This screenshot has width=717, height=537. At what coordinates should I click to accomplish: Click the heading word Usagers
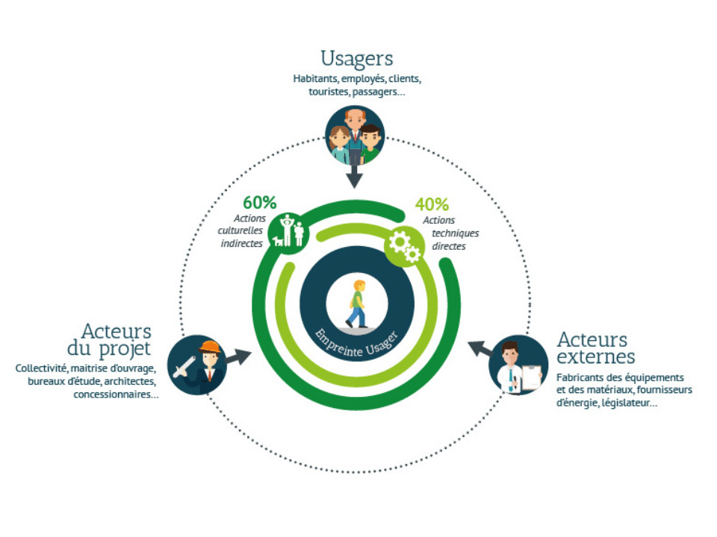[357, 58]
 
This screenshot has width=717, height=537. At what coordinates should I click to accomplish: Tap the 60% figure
[260, 202]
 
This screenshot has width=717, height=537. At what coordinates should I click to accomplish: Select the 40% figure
[432, 204]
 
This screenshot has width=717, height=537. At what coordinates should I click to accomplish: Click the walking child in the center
[358, 304]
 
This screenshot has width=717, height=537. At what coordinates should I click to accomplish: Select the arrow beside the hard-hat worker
[238, 357]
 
